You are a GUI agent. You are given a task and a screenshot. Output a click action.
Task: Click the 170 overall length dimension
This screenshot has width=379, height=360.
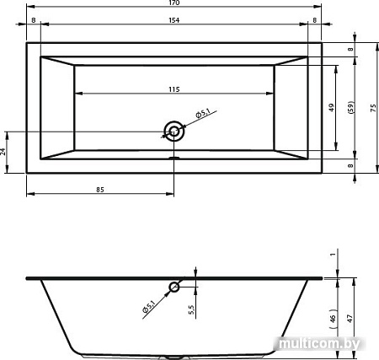coord(174,3)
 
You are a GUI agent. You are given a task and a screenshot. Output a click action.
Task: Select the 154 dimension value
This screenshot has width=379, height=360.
coord(174,20)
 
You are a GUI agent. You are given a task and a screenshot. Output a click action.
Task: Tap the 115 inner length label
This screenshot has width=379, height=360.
coord(174,89)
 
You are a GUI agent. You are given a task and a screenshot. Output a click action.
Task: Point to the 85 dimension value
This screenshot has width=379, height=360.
coord(100,190)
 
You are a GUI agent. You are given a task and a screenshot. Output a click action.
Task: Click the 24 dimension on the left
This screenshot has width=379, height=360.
coord(3,152)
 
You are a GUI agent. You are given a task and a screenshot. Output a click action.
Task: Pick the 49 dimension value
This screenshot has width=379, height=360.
coord(332,108)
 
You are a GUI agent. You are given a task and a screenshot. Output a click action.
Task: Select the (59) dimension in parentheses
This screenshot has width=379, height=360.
coord(351,107)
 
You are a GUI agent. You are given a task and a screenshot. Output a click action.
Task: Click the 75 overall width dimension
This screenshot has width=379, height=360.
coord(373,108)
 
